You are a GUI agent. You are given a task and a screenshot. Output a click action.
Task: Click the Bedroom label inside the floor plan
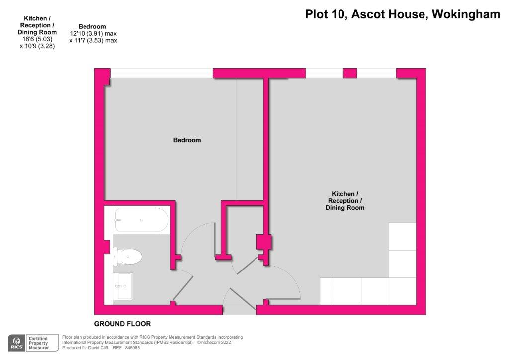tap(187, 140)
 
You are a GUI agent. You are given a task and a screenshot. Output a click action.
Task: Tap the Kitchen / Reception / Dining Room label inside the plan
tap(344, 201)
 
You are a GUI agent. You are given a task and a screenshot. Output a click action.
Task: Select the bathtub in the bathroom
tap(141, 220)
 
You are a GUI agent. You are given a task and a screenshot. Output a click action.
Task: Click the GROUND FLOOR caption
tap(122, 324)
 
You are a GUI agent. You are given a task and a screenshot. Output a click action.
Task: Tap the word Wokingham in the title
tap(466, 14)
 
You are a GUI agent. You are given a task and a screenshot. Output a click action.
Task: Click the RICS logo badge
tap(17, 342)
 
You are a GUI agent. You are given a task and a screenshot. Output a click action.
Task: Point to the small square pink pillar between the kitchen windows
tap(350, 73)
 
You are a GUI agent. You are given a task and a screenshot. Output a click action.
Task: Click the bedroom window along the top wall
tap(162, 73)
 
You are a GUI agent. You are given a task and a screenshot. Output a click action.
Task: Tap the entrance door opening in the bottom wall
tap(239, 310)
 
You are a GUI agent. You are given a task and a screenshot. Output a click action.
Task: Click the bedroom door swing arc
tap(196, 234)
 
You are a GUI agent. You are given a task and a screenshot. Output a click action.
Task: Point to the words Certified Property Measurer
tap(39, 342)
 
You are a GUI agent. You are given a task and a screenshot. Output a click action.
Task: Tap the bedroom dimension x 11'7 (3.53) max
tap(93, 41)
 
